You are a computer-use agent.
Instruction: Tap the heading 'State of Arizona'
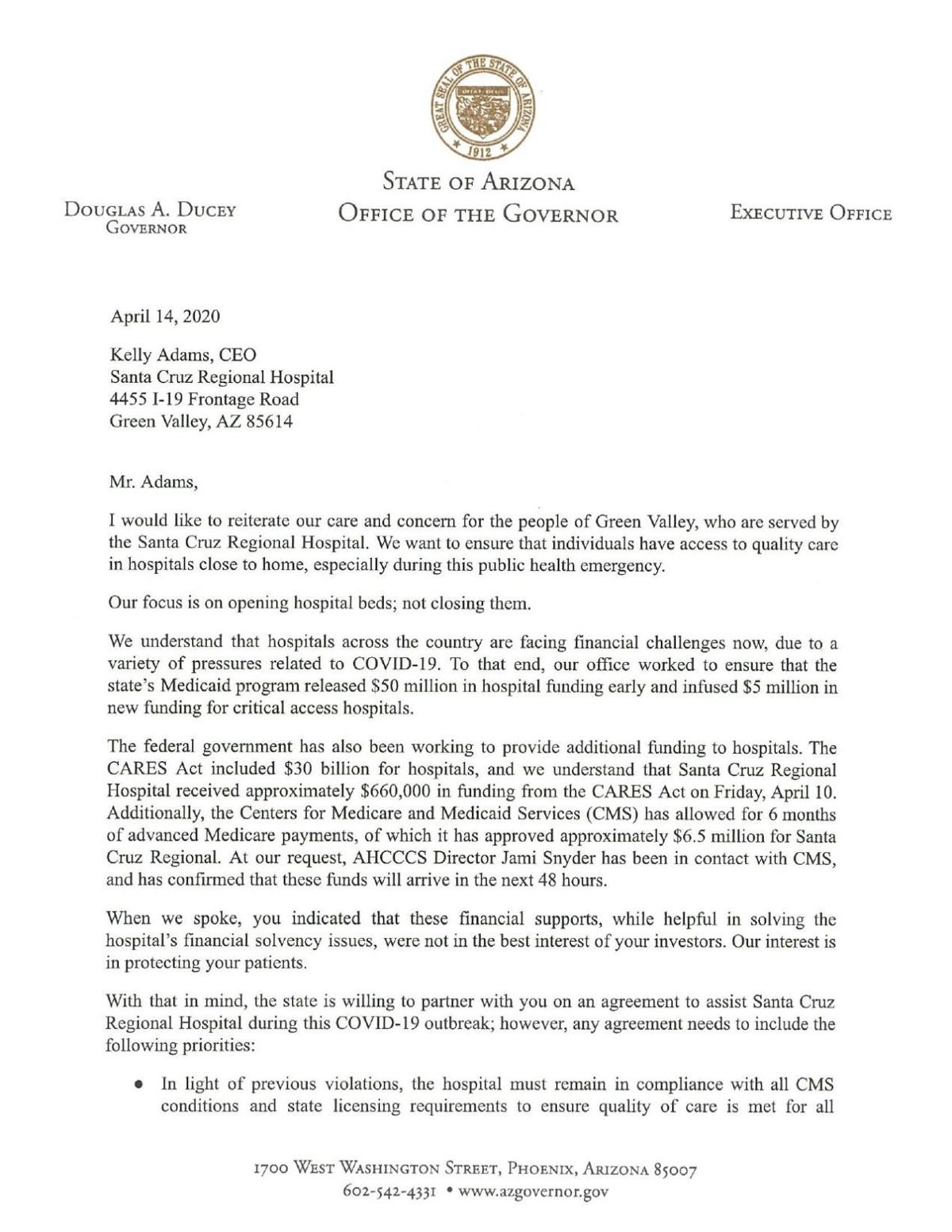tap(478, 183)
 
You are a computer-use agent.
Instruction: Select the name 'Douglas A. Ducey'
tap(151, 212)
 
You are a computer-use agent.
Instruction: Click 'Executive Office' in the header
tap(811, 213)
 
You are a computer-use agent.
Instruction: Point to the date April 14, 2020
tap(165, 316)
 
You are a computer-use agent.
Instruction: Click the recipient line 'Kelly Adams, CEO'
tap(183, 355)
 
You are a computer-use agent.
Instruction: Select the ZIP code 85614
tap(267, 422)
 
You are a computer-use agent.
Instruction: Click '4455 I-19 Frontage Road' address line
tap(204, 400)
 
